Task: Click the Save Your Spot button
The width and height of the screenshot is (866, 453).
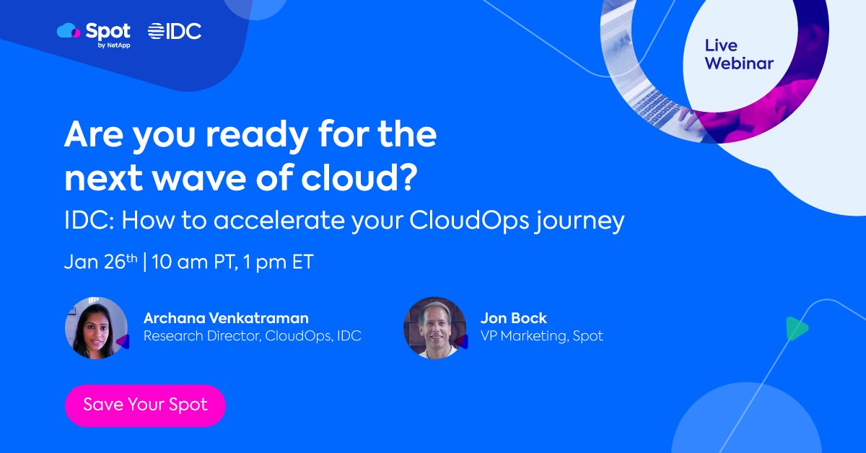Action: coord(145,405)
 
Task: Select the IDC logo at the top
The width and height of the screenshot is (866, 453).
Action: coord(175,31)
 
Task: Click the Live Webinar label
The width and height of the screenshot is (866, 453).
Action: coord(738,55)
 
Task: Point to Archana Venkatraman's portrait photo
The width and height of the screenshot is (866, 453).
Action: coord(96,327)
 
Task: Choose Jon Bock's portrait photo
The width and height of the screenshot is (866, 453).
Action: coord(434,327)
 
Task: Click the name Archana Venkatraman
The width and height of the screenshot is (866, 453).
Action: coord(226,317)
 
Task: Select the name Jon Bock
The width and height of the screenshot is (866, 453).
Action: coord(513,317)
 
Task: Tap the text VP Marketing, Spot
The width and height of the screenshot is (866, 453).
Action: coord(541,335)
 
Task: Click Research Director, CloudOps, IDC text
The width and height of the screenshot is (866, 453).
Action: coord(252,335)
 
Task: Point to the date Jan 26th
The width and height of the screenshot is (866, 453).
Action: coord(100,262)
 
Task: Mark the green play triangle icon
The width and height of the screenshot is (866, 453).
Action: coord(795,329)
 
